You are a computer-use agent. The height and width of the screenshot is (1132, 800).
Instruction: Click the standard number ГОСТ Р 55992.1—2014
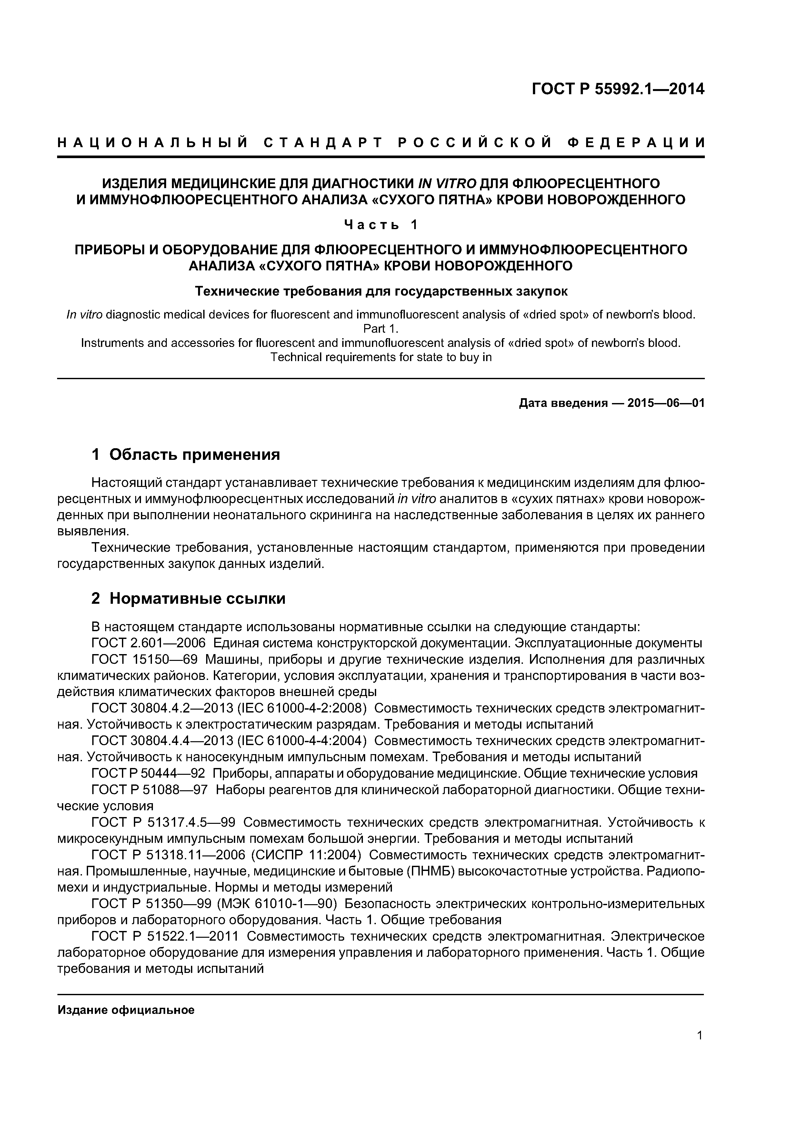[x=618, y=89]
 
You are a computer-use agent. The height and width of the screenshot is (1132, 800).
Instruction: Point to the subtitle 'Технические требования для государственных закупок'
[x=381, y=291]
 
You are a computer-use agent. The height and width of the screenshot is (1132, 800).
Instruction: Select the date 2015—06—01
[x=665, y=403]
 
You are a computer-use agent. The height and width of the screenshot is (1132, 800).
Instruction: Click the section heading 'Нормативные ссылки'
[x=197, y=599]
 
